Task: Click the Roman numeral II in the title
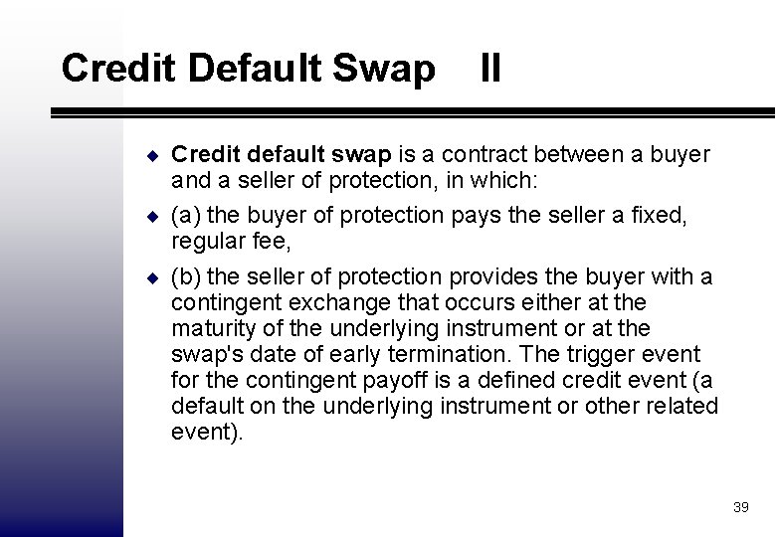click(489, 70)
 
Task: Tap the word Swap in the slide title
click(386, 70)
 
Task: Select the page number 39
click(740, 507)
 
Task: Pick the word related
click(680, 406)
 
